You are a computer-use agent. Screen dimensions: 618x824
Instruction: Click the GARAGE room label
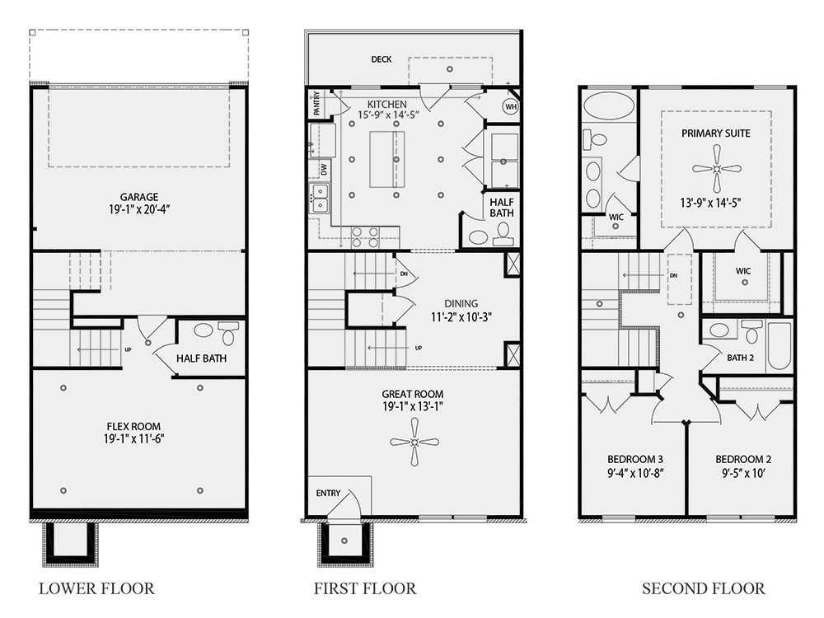point(138,197)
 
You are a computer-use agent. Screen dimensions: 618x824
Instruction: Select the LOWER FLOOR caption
point(96,588)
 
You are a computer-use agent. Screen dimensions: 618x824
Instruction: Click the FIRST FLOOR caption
point(364,588)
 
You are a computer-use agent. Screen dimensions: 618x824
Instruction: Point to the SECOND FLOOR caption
point(703,588)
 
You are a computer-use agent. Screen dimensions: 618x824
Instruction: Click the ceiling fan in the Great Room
point(414,442)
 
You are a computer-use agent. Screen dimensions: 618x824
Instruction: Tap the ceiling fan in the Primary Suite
point(716,168)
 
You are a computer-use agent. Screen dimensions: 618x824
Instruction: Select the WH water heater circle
point(509,106)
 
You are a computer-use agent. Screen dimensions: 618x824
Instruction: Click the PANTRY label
point(316,105)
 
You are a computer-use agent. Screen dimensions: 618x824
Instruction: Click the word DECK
point(381,59)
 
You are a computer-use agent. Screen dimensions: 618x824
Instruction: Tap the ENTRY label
point(328,493)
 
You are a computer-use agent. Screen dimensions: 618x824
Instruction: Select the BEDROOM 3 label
point(635,459)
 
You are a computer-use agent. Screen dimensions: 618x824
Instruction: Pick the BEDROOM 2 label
point(742,459)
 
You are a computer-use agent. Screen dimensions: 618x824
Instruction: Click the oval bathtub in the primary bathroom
point(608,106)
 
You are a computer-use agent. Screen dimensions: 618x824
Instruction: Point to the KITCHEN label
point(387,104)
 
